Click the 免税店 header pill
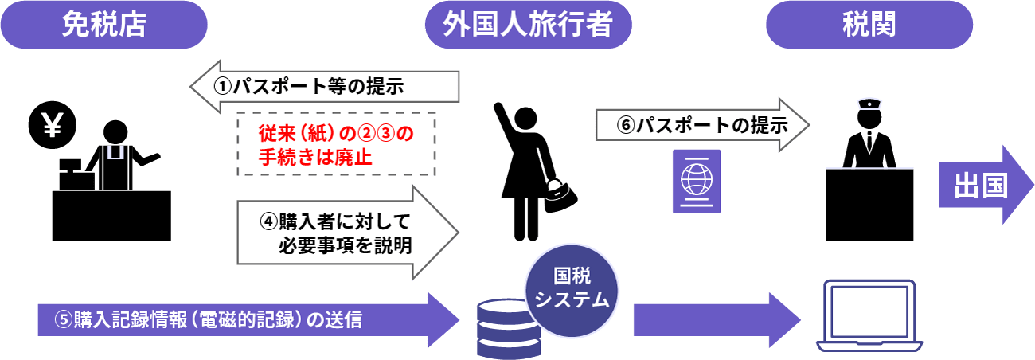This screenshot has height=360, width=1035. coord(103,25)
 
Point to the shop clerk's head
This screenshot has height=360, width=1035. coord(115,131)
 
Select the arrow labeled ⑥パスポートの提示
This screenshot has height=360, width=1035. coord(701,125)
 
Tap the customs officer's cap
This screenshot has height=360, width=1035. coord(867,104)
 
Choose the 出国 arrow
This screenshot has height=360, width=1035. coord(984,185)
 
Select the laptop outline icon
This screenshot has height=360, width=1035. coord(869,314)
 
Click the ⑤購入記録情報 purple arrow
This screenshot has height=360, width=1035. coord(239,320)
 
